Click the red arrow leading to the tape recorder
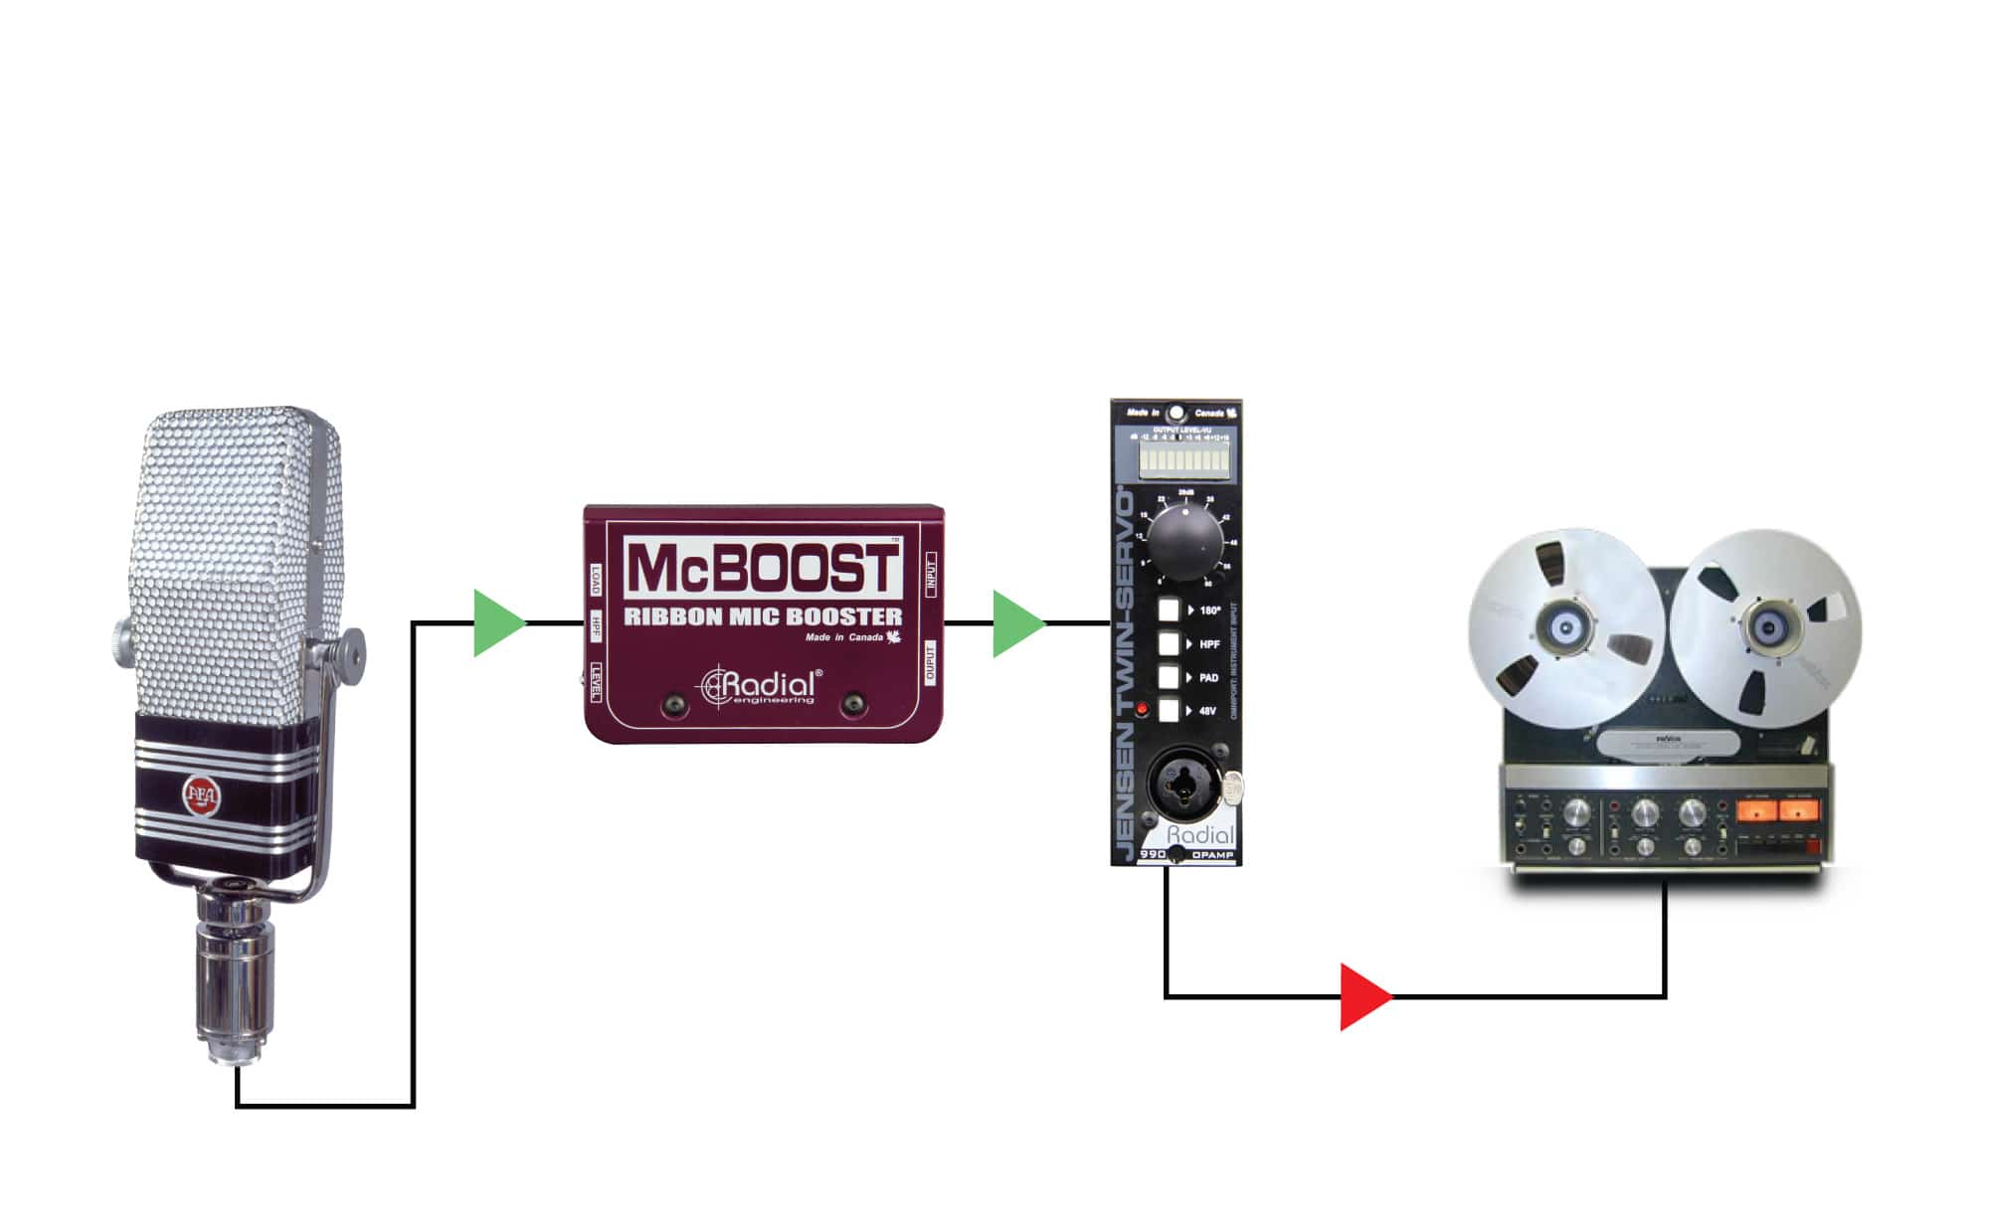pos(1362,996)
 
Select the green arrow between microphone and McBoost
pos(496,623)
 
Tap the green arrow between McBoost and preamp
pos(1015,623)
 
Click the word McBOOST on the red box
pos(763,569)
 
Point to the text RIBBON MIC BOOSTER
pos(763,616)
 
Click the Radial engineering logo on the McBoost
pos(762,685)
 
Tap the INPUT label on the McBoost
pos(931,574)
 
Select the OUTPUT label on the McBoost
pos(931,662)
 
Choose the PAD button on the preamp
pos(1169,677)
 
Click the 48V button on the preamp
pos(1169,711)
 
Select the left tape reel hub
pos(1566,628)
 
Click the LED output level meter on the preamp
pos(1183,458)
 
